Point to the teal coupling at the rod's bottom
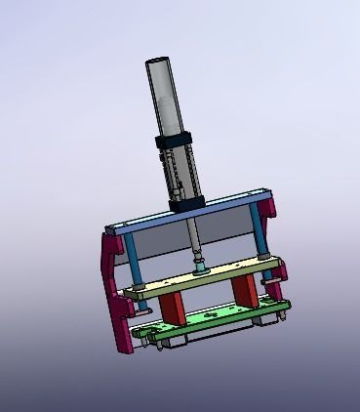click(x=200, y=267)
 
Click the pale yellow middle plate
click(x=205, y=278)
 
